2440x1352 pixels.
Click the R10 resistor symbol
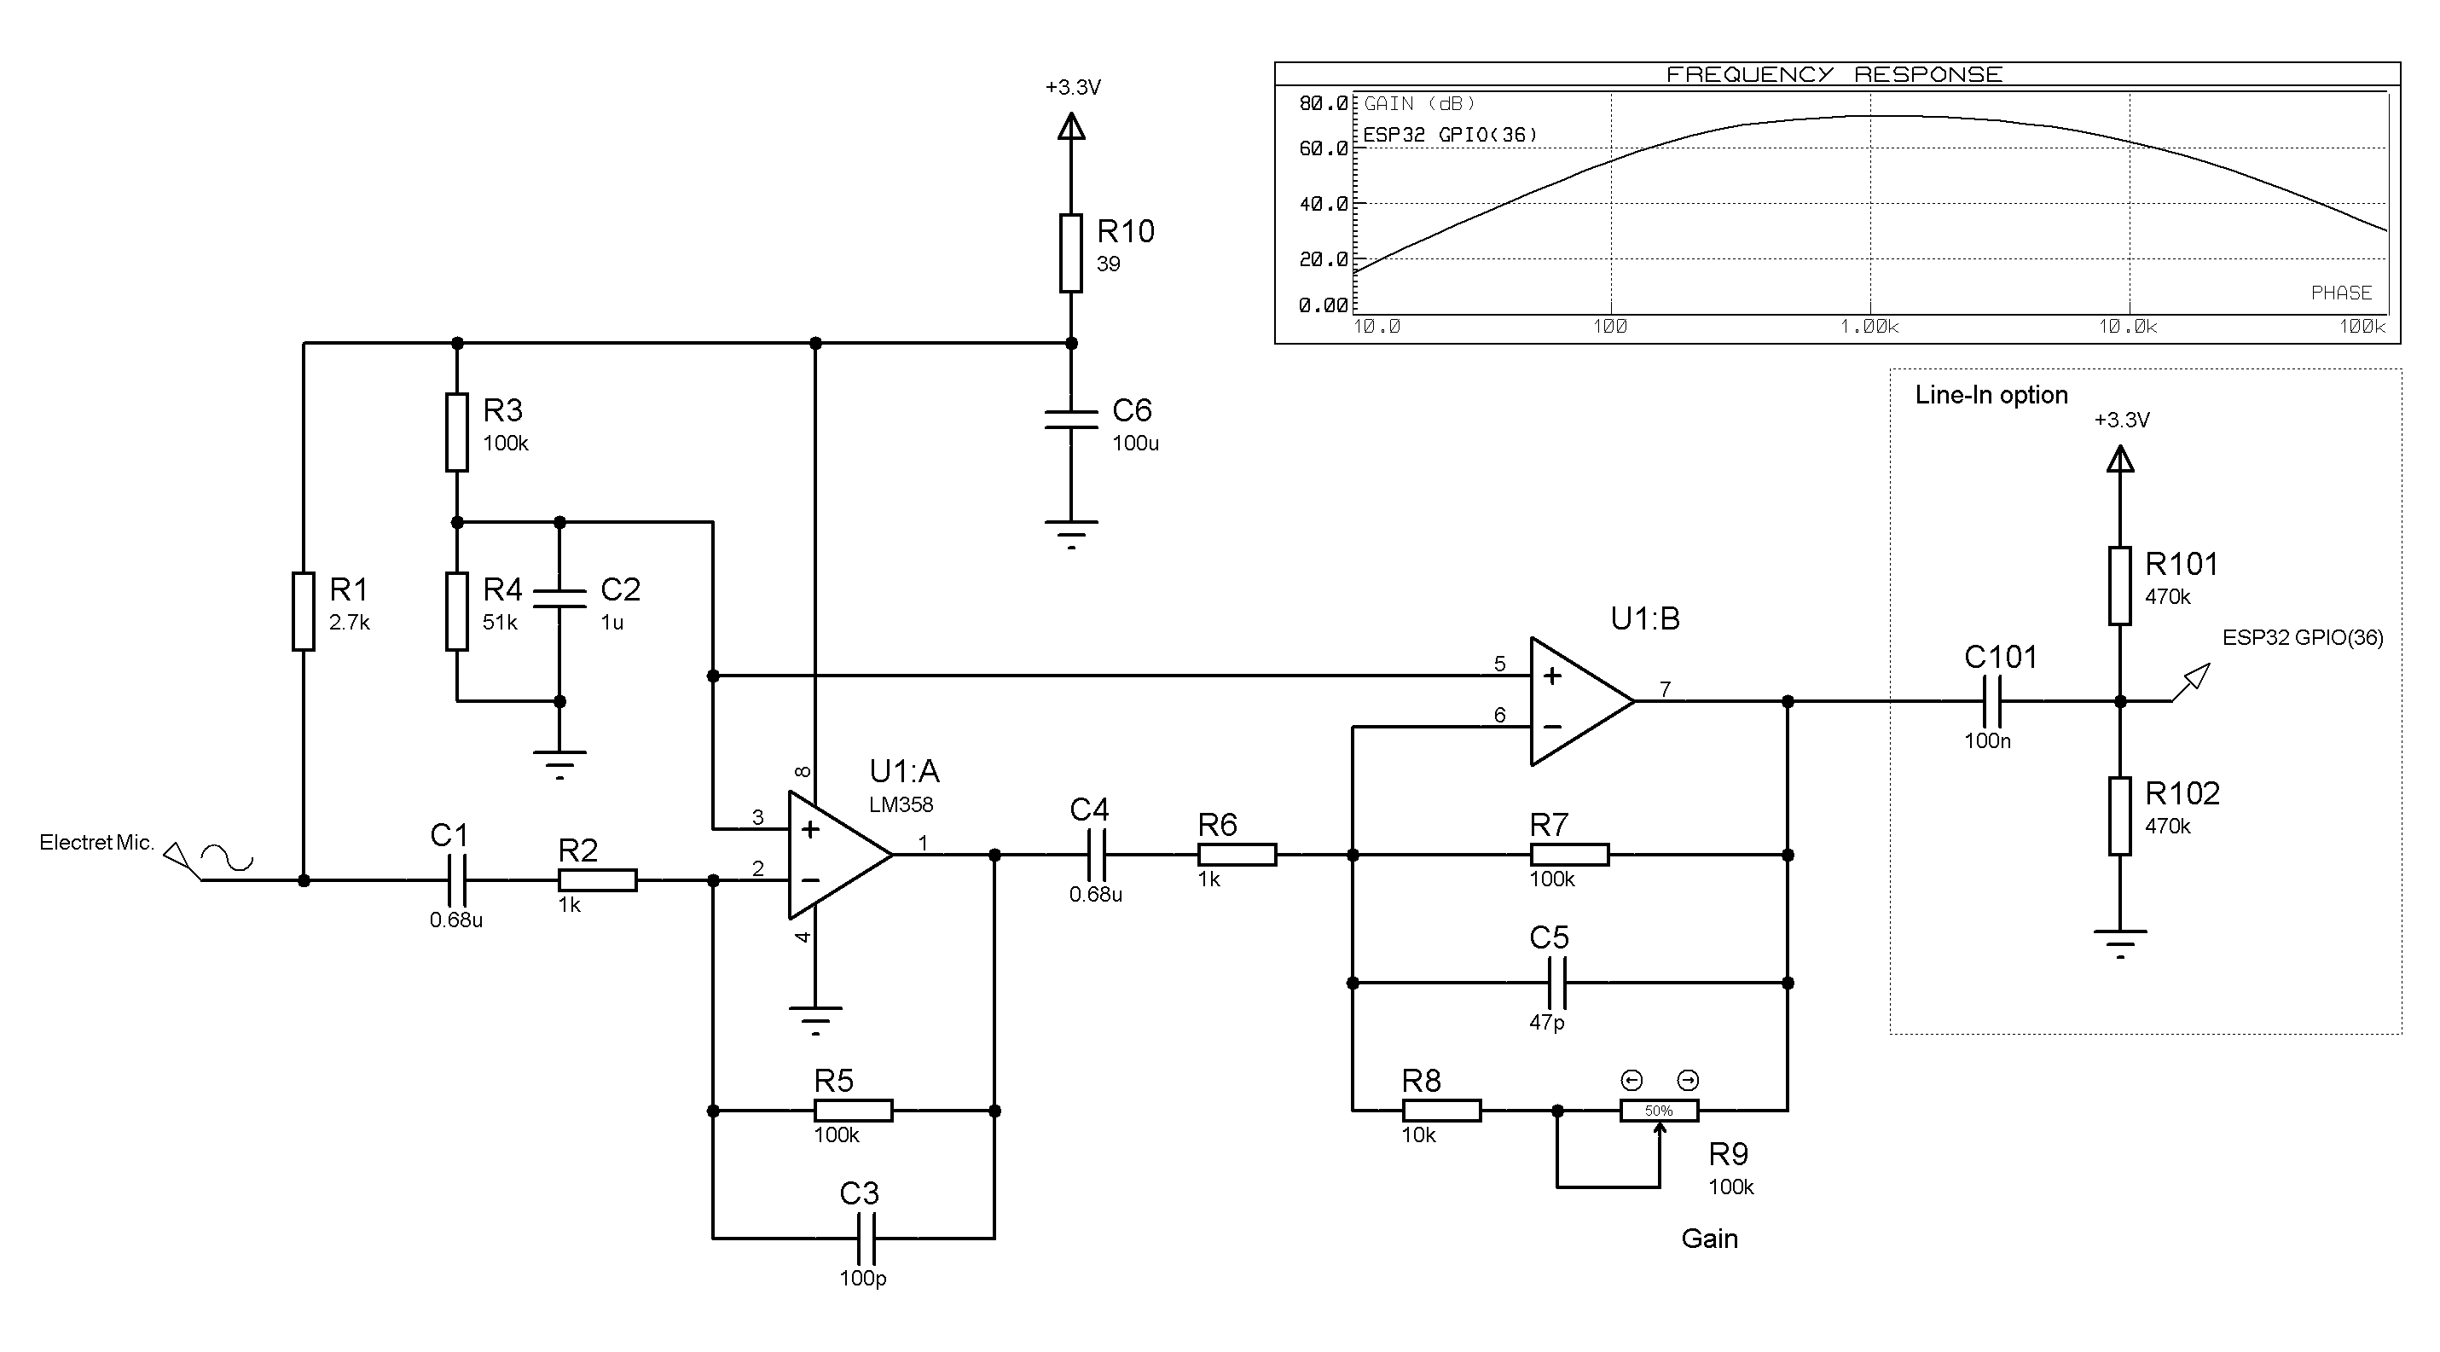(1070, 253)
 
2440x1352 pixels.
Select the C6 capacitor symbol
(1070, 420)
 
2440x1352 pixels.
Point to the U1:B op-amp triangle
(1577, 701)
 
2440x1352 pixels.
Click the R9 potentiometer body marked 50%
(1659, 1111)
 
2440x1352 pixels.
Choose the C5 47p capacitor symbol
(1556, 983)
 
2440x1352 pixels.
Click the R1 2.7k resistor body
(303, 611)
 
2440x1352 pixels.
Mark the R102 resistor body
(2120, 816)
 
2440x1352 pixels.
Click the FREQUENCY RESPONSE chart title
(1834, 75)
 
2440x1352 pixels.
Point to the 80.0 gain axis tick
(1324, 103)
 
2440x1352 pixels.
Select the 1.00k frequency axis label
(1869, 327)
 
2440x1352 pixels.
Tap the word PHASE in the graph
(2340, 293)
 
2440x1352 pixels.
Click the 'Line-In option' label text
(1991, 395)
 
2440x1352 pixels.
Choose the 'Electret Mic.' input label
(96, 842)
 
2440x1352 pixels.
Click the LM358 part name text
(901, 804)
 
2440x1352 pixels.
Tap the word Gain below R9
(1709, 1239)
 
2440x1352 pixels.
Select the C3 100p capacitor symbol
(865, 1239)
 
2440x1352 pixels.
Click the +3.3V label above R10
(1072, 87)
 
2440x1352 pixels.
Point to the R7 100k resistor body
(1568, 855)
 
